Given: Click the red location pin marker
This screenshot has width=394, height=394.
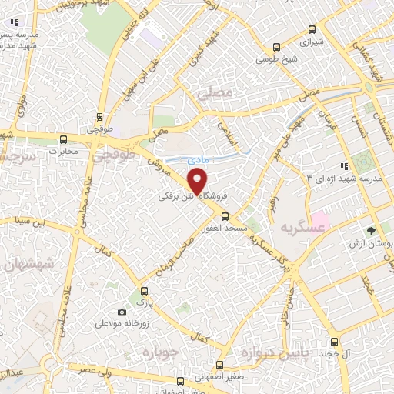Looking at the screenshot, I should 198,182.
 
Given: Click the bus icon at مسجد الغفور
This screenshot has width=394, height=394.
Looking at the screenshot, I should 225,195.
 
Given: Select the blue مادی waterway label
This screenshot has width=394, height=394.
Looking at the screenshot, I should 197,160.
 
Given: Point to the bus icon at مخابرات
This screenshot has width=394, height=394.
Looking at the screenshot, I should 64,140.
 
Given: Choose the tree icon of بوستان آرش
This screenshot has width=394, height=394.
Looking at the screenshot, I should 371,230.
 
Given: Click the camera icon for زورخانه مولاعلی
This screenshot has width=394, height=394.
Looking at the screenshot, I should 122,312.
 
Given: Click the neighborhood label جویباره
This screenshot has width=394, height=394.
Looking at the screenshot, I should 159,352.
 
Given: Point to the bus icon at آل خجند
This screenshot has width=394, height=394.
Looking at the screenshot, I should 333,342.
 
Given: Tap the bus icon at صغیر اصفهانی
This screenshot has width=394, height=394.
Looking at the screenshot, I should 220,365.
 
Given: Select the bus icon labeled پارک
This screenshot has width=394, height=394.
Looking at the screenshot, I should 142,292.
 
